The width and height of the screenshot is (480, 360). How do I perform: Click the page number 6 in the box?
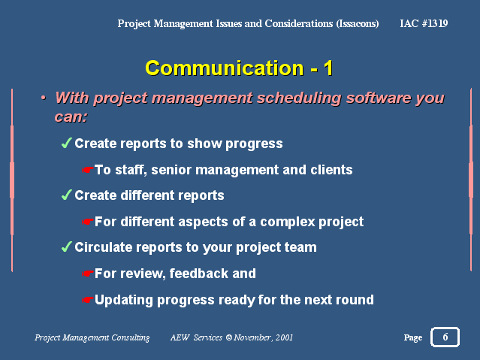445,337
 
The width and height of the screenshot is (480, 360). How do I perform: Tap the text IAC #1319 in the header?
424,23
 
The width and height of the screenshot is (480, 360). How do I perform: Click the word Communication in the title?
225,68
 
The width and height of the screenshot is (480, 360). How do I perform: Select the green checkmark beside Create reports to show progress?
66,143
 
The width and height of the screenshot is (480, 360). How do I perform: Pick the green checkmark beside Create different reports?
66,195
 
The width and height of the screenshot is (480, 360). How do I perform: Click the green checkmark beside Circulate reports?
66,247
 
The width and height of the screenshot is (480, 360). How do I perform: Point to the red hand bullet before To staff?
87,169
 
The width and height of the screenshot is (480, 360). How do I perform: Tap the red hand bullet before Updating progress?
87,299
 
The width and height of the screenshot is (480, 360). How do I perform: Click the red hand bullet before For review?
87,274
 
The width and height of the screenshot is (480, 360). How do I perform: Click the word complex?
288,222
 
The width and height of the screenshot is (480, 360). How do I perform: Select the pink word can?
71,117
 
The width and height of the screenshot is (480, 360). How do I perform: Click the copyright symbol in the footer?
228,337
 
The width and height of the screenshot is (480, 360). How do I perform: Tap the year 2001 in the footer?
284,337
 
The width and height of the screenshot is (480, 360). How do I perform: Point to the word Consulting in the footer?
131,337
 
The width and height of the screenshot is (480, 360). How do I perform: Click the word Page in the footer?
413,337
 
